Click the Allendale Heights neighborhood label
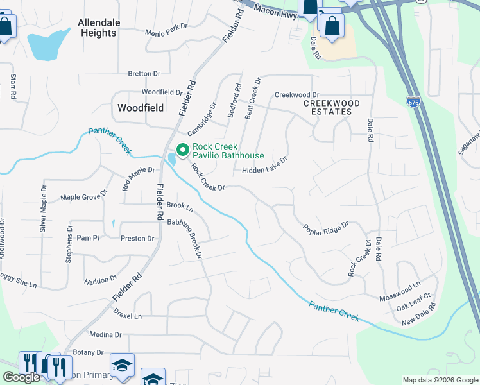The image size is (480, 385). point(99,28)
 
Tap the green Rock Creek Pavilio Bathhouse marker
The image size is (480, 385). point(182,151)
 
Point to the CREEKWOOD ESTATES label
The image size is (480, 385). point(331,107)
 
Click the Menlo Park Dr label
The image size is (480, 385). point(166,30)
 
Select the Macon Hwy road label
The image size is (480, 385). point(275,10)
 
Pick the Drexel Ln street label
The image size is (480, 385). point(128,316)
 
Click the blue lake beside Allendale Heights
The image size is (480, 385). point(47,44)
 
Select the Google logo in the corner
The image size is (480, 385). point(21,377)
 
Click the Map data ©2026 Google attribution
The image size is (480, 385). point(440,380)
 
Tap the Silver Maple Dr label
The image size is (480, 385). point(44,216)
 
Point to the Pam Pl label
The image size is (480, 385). point(88,237)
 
